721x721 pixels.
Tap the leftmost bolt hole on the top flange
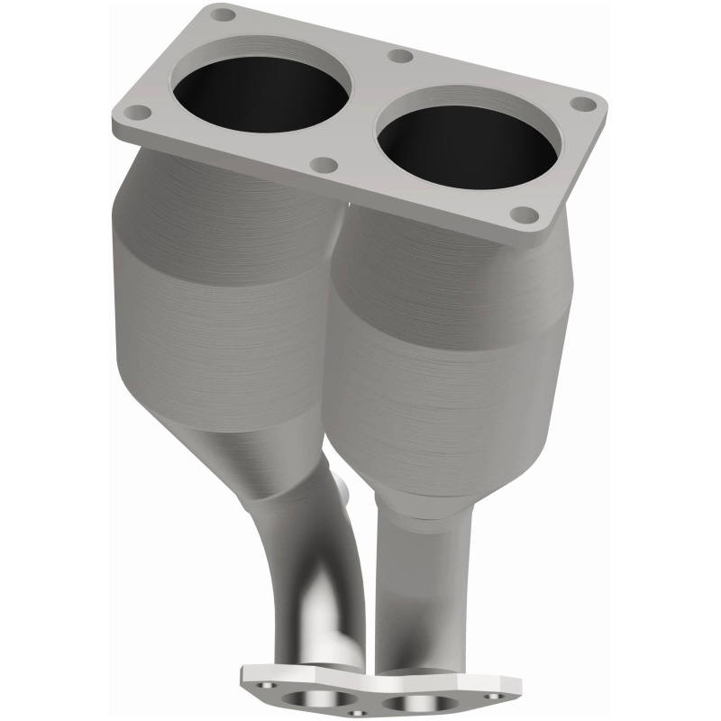(x=136, y=113)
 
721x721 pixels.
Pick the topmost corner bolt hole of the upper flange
(x=223, y=15)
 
